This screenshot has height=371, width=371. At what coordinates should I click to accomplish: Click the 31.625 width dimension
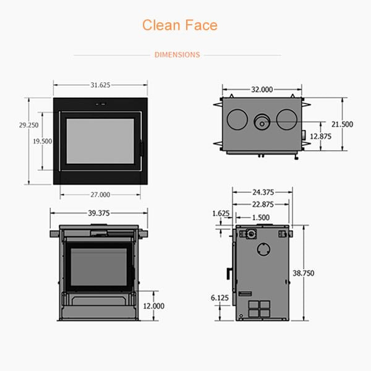coord(101,85)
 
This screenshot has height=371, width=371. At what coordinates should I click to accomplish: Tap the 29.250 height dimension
coord(29,125)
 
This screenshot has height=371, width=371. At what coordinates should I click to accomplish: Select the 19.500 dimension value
coord(43,141)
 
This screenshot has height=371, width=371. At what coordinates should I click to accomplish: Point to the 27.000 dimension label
coord(101,195)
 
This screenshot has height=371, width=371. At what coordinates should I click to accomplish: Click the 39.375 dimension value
coord(99,213)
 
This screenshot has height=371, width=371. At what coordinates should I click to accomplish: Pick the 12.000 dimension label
coord(154,306)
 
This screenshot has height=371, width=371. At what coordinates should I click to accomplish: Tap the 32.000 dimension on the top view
coord(262,90)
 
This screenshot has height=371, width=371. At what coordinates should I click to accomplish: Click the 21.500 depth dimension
coord(342,124)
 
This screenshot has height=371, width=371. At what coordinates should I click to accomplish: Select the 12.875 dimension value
coord(320,136)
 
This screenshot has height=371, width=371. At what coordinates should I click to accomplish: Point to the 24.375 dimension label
coord(263,192)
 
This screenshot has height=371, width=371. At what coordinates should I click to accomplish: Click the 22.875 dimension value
coord(263,204)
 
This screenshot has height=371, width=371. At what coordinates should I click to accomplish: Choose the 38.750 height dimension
coord(304,273)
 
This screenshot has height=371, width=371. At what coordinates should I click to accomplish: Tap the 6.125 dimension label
coord(220,297)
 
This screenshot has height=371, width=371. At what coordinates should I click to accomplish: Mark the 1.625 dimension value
coord(221,213)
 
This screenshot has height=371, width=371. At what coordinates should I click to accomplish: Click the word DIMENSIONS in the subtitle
coord(177,54)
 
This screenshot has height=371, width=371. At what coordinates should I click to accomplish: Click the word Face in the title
coord(201,25)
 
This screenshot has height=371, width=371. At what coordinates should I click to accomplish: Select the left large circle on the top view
coord(237,119)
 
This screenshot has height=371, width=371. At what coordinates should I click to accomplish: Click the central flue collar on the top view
coord(262,122)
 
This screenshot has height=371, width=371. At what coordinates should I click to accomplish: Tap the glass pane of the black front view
coord(100,141)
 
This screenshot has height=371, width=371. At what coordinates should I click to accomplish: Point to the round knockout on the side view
coord(264,249)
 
